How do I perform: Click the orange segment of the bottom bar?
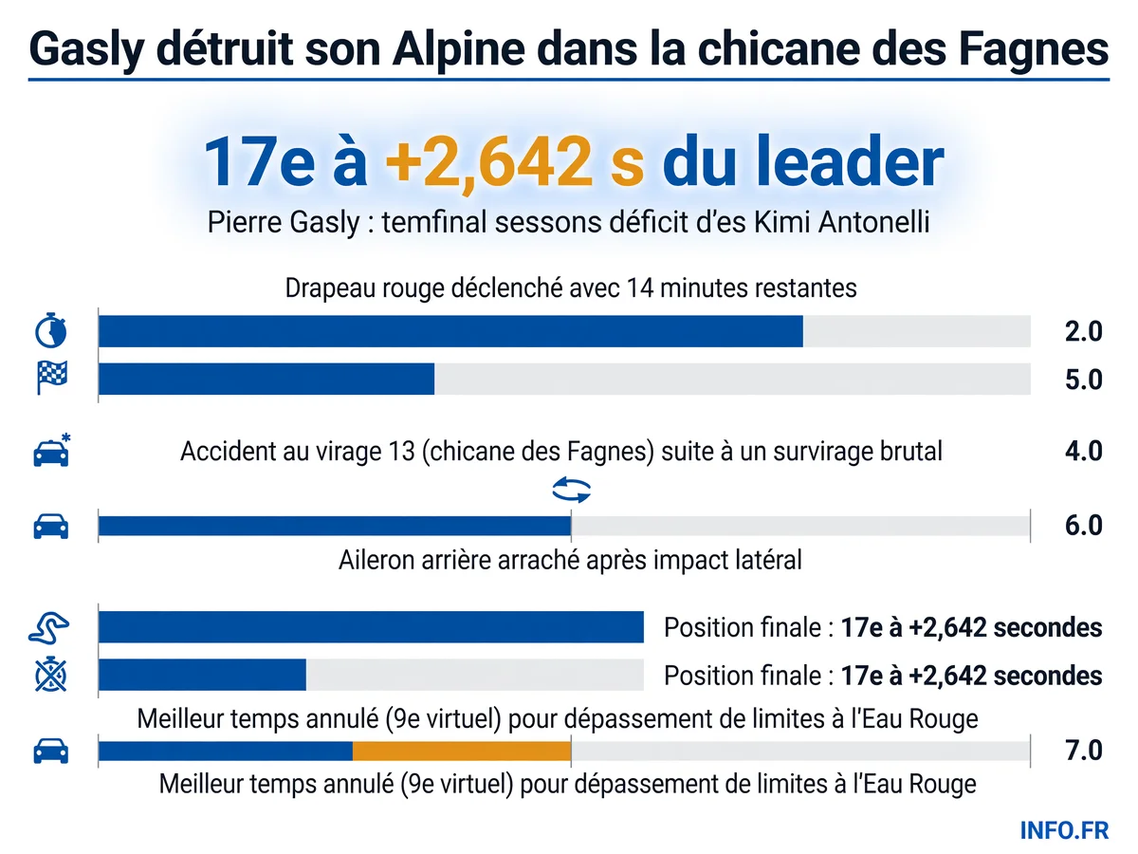tap(462, 751)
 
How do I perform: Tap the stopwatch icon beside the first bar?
tap(51, 330)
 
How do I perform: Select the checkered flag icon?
tap(52, 377)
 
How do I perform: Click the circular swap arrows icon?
tap(571, 490)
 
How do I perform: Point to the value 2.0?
tap(1083, 331)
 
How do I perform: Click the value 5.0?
tap(1083, 380)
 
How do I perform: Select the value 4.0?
tap(1083, 451)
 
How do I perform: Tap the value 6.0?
tap(1083, 526)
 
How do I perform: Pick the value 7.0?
tap(1083, 751)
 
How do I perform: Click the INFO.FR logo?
tap(1064, 830)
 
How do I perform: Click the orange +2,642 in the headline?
tap(488, 160)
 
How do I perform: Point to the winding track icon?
tap(48, 627)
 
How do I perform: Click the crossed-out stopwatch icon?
tap(51, 674)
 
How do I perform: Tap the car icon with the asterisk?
tap(52, 450)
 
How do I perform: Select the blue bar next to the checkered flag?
tap(266, 379)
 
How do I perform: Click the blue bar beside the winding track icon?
tap(371, 627)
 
